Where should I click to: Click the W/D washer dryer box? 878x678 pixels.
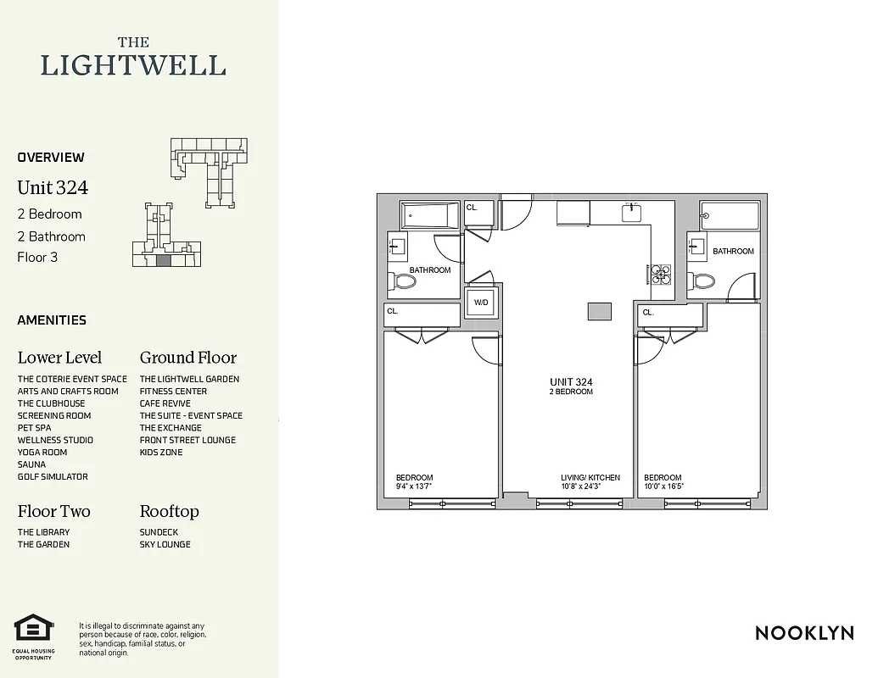(481, 303)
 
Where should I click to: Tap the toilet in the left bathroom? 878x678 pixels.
(404, 281)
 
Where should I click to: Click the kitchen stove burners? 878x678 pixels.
(661, 273)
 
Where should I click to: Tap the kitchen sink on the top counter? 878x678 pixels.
(632, 213)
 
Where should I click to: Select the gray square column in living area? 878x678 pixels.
(600, 311)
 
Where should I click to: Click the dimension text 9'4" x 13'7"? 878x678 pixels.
(414, 487)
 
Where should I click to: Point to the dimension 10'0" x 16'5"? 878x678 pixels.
(663, 487)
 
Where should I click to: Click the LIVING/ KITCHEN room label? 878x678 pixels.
(590, 478)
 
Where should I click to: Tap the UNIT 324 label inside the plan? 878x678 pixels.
(571, 382)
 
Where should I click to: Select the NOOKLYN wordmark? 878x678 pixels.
(803, 633)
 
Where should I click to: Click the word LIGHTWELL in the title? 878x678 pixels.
(133, 66)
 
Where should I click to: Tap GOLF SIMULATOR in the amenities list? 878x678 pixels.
(53, 477)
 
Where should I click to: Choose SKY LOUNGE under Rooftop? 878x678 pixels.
(165, 545)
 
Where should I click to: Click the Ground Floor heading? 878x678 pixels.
(188, 358)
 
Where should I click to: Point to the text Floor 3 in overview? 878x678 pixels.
(37, 258)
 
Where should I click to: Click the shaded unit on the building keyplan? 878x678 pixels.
(164, 261)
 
